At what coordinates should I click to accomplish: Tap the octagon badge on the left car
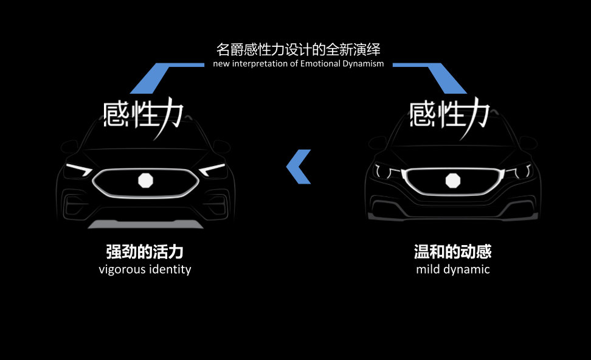pos(146,181)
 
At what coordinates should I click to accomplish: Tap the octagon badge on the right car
pos(453,181)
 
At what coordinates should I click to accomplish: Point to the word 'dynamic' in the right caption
pos(468,269)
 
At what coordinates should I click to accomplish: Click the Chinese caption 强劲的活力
pos(145,252)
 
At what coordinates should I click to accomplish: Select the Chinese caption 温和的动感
pos(452,252)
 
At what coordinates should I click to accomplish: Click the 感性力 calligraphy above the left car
pos(143,114)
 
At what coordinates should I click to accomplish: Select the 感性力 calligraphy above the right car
pos(449,114)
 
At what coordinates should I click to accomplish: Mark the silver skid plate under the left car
pos(146,224)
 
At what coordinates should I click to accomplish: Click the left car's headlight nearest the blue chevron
pos(213,169)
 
